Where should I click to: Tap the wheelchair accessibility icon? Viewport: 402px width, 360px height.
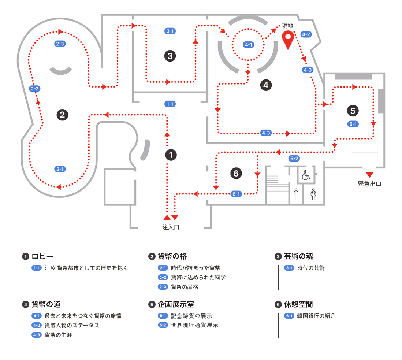pyautogui.click(x=305, y=175)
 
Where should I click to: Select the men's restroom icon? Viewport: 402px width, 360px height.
pyautogui.click(x=296, y=194)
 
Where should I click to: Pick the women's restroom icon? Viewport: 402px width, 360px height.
pyautogui.click(x=313, y=194)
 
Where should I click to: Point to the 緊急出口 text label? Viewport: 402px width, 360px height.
pyautogui.click(x=369, y=184)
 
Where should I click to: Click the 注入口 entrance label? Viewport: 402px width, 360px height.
pyautogui.click(x=171, y=227)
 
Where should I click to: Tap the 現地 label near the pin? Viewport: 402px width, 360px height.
pyautogui.click(x=287, y=26)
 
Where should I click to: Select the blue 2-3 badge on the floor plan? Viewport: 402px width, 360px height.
pyautogui.click(x=60, y=44)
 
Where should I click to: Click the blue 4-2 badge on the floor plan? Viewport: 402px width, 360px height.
pyautogui.click(x=306, y=34)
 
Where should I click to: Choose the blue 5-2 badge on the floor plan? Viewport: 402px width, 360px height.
pyautogui.click(x=294, y=159)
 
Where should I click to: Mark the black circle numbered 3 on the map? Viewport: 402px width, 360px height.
pyautogui.click(x=170, y=56)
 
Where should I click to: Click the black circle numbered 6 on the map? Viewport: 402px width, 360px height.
pyautogui.click(x=236, y=173)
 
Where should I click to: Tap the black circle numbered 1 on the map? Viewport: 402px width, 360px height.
pyautogui.click(x=171, y=155)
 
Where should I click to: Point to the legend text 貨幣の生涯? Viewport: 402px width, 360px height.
pyautogui.click(x=58, y=335)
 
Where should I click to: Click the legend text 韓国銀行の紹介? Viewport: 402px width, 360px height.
pyautogui.click(x=316, y=316)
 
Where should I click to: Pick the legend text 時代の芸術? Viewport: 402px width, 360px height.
pyautogui.click(x=311, y=268)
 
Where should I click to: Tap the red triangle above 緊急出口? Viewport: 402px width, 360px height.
pyautogui.click(x=369, y=174)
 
